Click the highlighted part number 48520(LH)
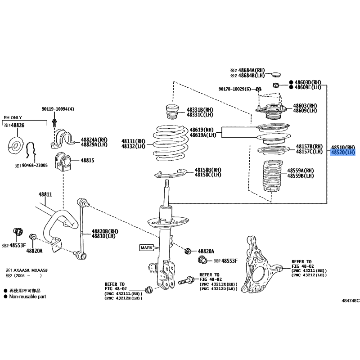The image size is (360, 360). [343, 153]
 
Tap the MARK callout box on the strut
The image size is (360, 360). [147, 248]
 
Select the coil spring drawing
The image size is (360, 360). [171, 143]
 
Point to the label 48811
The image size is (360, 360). [45, 194]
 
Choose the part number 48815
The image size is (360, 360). [87, 160]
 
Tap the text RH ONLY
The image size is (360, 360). [13, 117]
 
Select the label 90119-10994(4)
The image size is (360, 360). [58, 109]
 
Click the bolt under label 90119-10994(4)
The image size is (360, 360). [54, 123]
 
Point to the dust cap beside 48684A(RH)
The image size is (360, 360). [276, 75]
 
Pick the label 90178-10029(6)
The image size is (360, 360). [235, 89]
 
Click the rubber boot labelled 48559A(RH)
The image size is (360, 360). [272, 175]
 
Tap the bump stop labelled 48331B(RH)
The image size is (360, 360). [172, 112]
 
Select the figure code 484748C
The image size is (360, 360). [351, 301]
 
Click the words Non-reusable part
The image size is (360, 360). [27, 297]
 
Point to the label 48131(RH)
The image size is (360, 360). [133, 141]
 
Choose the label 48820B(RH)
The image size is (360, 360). [105, 231]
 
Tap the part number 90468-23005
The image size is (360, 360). [35, 165]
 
